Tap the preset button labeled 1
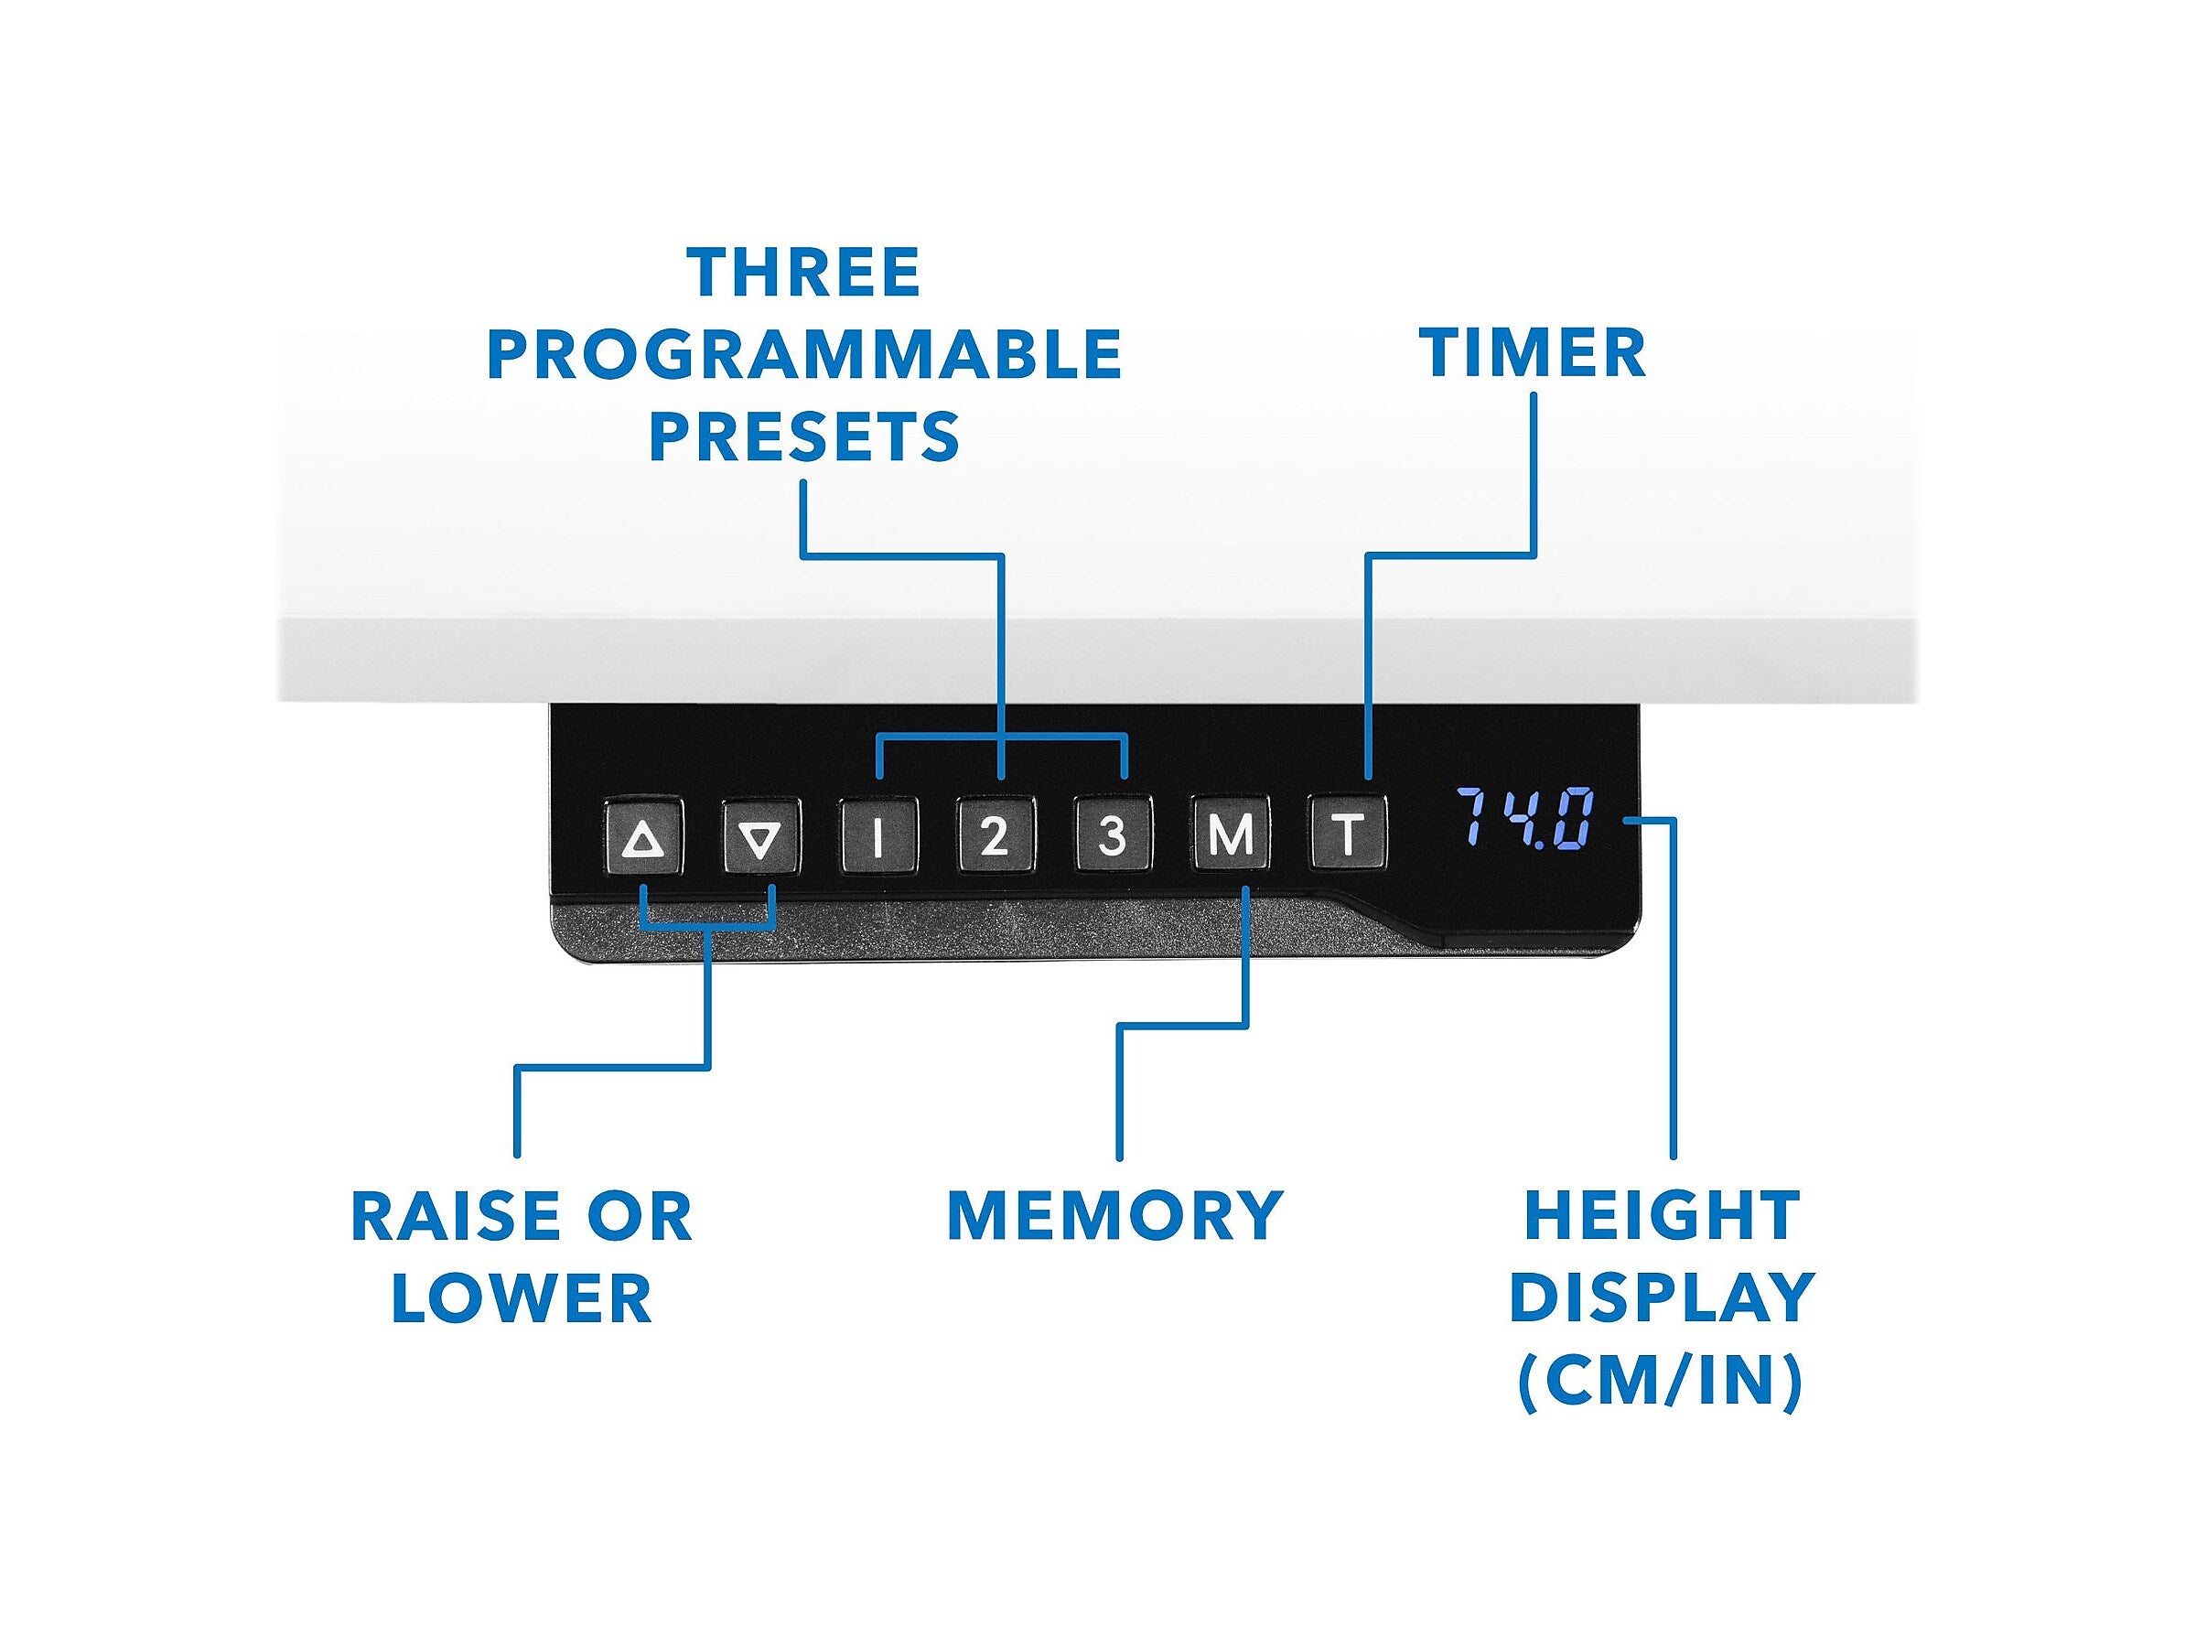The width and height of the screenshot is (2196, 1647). [x=877, y=836]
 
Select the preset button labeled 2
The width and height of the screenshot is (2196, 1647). [x=995, y=836]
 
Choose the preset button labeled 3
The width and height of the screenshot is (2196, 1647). [x=1112, y=836]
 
